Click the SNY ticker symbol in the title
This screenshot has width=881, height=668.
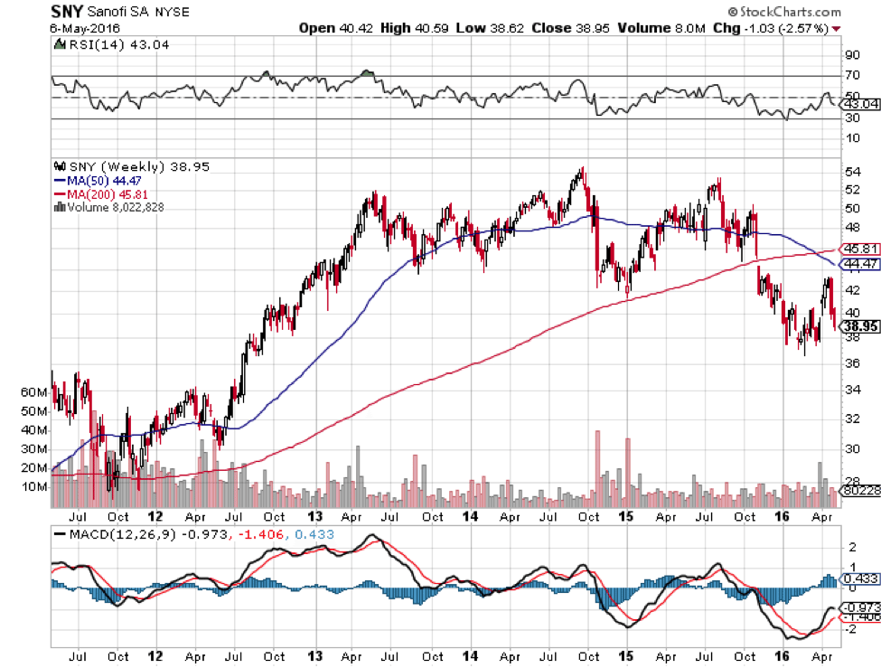click(69, 13)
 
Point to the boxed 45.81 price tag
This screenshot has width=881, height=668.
click(859, 248)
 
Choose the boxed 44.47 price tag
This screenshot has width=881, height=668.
click(859, 264)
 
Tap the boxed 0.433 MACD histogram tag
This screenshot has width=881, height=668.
click(858, 579)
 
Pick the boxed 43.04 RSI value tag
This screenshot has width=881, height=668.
click(859, 104)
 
